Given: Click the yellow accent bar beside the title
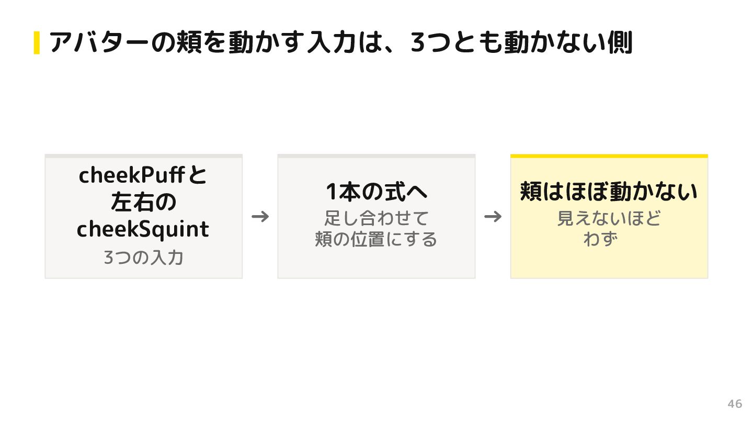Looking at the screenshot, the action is point(37,42).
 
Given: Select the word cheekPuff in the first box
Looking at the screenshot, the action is point(131,175).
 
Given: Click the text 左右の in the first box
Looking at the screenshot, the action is point(143,202).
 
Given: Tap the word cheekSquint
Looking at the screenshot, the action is point(143,229).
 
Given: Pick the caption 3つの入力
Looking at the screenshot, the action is point(143,258).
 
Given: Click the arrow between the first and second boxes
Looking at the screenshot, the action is point(260,216).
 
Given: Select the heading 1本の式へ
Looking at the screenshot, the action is point(376,192).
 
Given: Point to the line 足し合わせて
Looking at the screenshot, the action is point(376,218).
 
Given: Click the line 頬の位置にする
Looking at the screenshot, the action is point(376,239).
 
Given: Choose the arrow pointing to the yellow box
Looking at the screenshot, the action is point(493,216).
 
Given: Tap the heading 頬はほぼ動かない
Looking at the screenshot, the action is point(609,192).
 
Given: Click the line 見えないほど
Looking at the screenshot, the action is point(609,218).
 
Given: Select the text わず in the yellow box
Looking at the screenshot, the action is point(601,239).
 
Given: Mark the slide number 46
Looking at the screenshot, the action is point(735,404).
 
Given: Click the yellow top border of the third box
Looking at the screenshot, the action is point(609,156).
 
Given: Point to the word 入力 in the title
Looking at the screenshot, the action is point(332,42).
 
